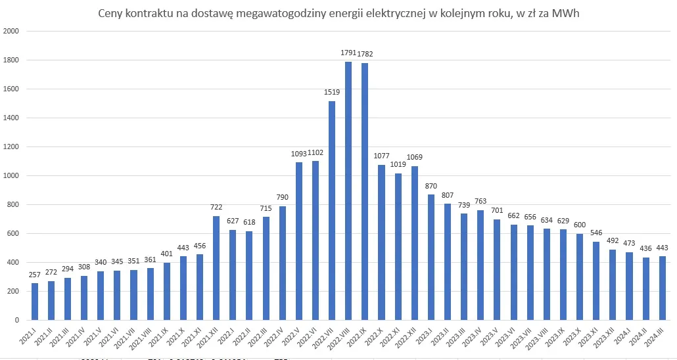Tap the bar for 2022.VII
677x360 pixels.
point(332,210)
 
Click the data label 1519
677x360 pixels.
point(332,93)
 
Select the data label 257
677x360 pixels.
point(35,274)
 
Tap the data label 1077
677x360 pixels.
point(382,156)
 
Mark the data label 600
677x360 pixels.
point(580,225)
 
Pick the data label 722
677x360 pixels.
point(216,208)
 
